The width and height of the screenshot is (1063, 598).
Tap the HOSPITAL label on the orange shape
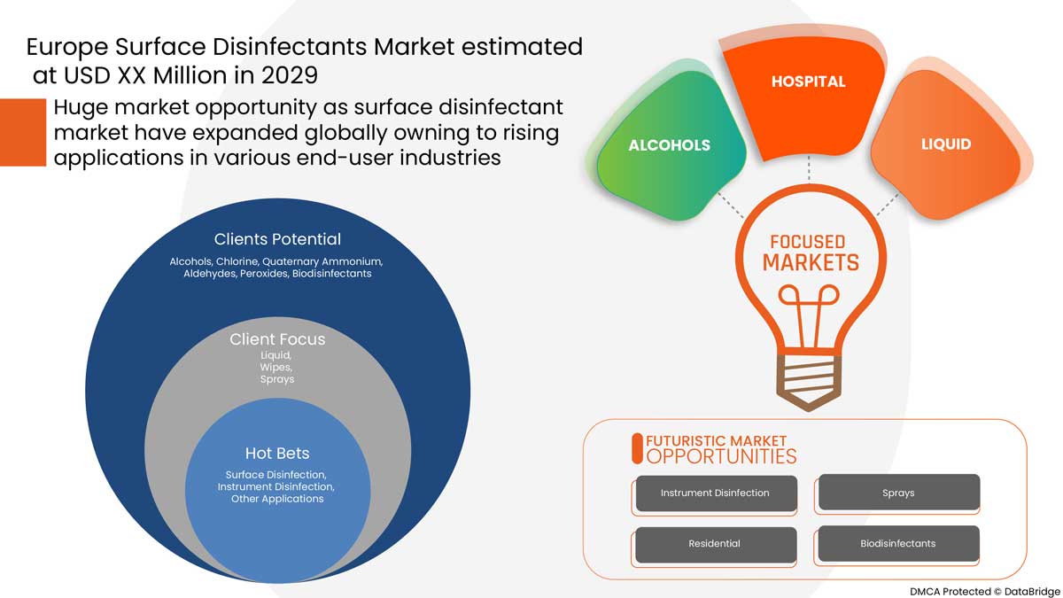point(808,82)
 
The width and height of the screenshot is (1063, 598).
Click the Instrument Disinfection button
point(715,493)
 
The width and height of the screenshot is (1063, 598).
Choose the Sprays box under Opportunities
point(898,493)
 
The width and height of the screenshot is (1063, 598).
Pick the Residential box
point(715,543)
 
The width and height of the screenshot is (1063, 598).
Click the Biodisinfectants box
point(898,543)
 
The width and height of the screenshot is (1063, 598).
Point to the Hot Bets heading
point(277,454)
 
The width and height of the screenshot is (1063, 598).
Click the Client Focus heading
point(277,339)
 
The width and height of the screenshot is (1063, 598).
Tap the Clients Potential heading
point(277,239)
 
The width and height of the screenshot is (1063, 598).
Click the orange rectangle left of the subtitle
point(23,132)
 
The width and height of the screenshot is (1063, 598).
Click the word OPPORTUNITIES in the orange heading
point(721,456)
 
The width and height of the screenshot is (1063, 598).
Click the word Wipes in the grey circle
point(277,367)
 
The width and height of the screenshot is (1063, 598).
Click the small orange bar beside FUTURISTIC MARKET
point(636,449)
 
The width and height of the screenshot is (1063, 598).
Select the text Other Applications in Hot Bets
point(277,500)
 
